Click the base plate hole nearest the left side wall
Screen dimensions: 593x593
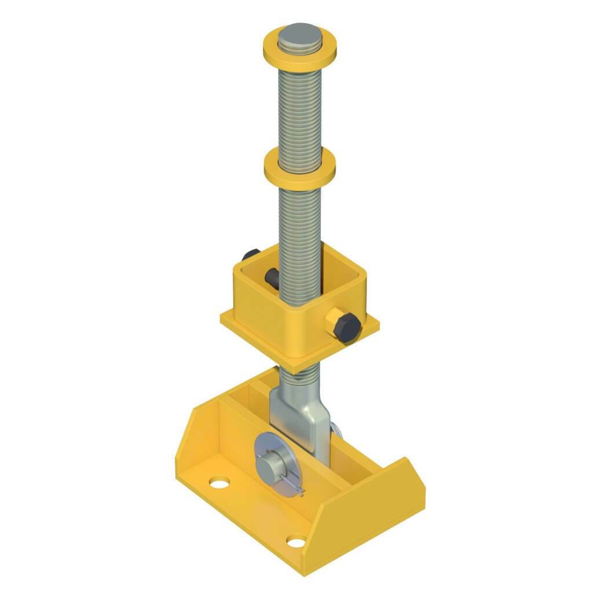219,481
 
